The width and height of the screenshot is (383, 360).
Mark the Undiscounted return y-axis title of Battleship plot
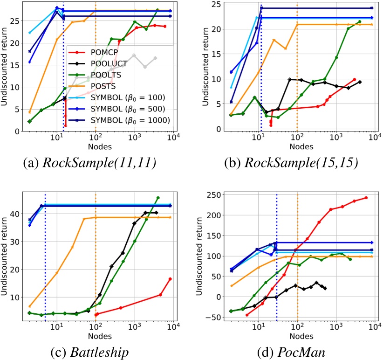(6, 255)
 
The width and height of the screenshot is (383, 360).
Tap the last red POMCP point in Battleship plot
(171, 279)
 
